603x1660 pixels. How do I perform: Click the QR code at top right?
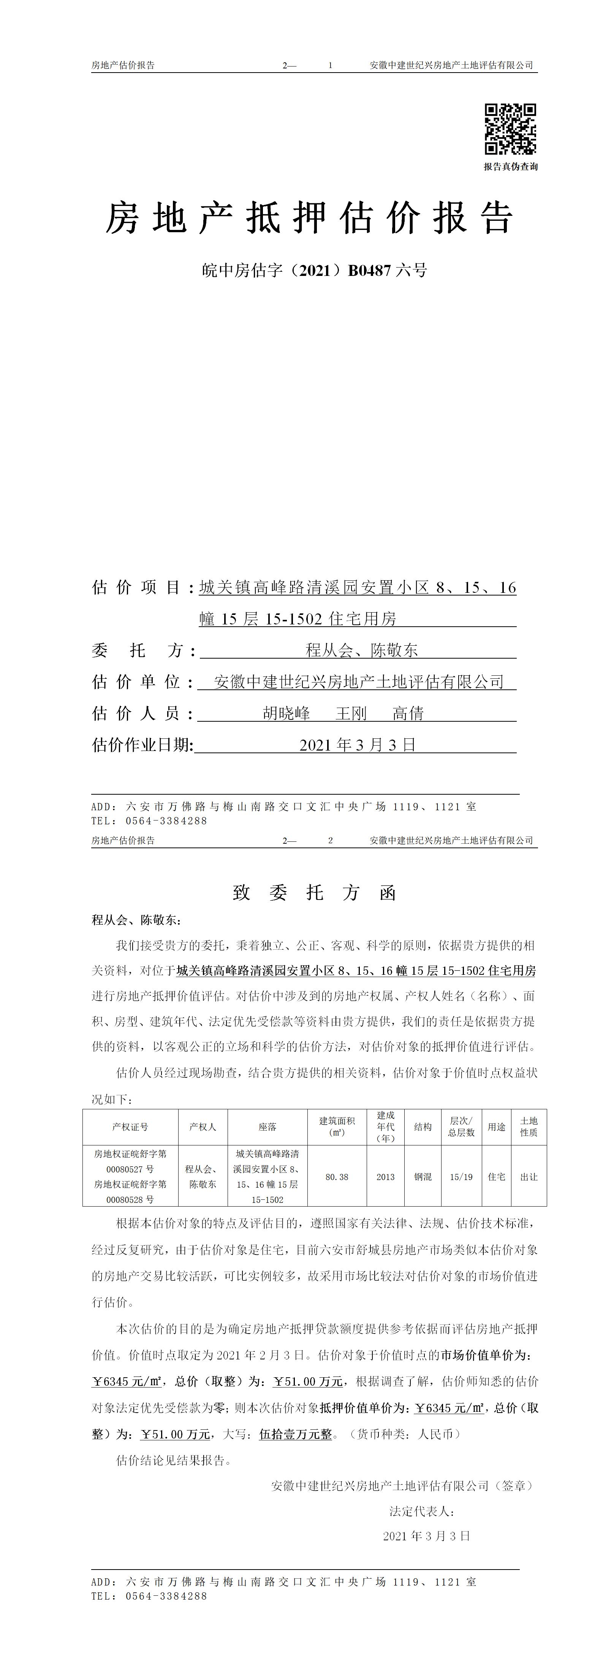coord(510,129)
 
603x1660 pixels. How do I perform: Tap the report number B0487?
coord(369,271)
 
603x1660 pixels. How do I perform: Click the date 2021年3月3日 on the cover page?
coord(358,745)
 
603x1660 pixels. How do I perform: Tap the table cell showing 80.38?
coord(337,1177)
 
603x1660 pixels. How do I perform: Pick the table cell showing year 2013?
coord(385,1177)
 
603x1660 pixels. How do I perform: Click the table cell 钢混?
coord(423,1177)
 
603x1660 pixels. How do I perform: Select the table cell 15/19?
coord(461,1177)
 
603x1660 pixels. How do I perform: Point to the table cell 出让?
coord(529,1177)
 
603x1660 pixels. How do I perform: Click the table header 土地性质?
coord(529,1126)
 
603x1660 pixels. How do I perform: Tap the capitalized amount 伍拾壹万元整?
coord(296,1435)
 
